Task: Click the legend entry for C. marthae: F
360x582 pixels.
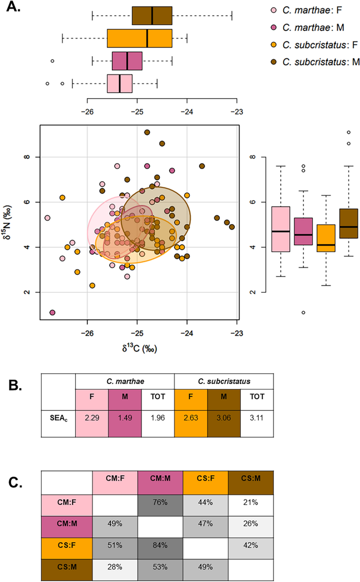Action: (308, 10)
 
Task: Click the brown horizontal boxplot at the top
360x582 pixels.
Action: (152, 16)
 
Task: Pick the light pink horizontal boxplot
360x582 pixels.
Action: (120, 84)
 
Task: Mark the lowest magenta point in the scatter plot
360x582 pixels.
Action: (53, 313)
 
